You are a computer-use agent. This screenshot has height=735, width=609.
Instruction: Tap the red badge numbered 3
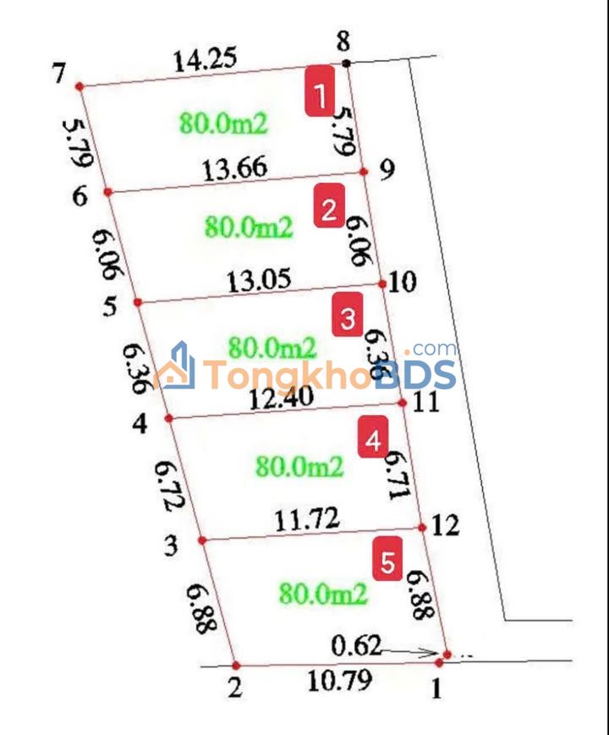[x=348, y=318]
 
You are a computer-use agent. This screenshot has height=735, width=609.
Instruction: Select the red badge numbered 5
[x=387, y=562]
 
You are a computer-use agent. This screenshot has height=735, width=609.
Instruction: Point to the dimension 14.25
[x=205, y=60]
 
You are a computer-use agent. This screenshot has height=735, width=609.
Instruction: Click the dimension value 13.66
[x=235, y=168]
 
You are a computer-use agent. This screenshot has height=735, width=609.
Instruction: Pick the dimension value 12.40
[x=282, y=395]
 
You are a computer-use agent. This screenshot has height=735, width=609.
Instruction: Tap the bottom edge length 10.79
[x=337, y=681]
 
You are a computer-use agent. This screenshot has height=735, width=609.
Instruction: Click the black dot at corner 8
[x=347, y=63]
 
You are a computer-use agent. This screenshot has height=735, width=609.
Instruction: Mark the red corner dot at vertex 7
[x=79, y=85]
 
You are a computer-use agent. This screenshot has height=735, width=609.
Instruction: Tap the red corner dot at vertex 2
[x=236, y=666]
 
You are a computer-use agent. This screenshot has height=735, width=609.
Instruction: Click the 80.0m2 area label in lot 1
[x=223, y=123]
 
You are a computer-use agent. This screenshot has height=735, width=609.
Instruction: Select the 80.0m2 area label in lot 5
[x=324, y=594]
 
